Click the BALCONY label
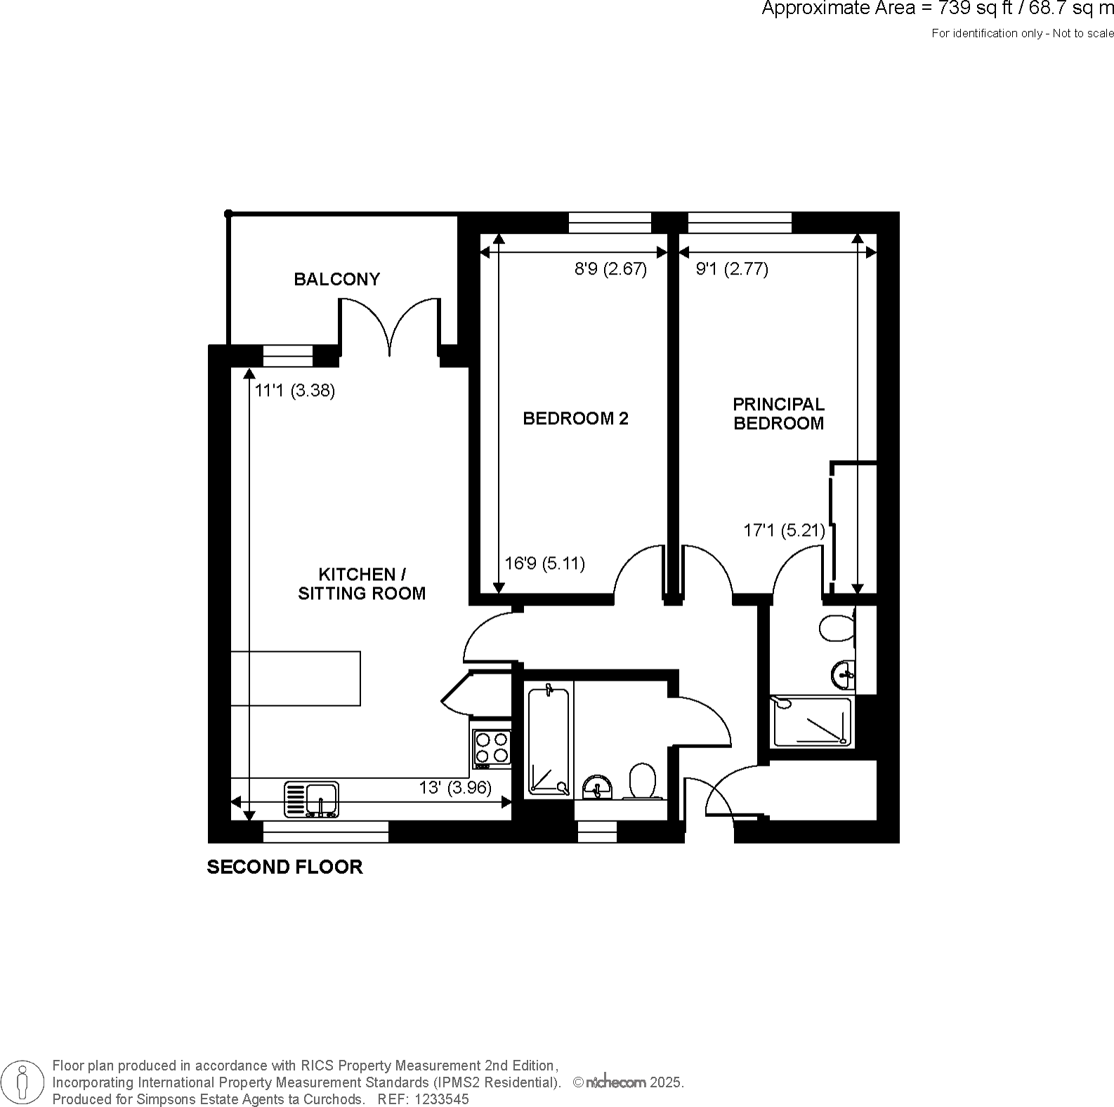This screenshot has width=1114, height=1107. coord(336,280)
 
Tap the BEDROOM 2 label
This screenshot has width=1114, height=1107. coord(575,419)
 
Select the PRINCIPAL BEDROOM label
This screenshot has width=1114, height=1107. coord(778,414)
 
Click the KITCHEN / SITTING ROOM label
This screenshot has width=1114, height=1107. coord(362,584)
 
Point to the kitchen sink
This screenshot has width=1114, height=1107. coord(311,799)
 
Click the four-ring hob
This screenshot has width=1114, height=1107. coord(491,747)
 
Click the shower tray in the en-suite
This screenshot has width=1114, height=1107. coord(812,721)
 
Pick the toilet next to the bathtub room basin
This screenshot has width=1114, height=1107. coord(642,781)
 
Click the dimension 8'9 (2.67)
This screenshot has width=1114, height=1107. coord(610,269)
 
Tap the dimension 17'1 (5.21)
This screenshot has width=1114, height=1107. coord(784,530)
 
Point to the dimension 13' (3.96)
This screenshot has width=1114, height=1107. coord(454,788)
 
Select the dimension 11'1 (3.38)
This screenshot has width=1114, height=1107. coord(294,391)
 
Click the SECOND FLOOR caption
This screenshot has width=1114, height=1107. coord(284,867)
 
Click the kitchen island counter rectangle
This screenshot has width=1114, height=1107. coord(296,678)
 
